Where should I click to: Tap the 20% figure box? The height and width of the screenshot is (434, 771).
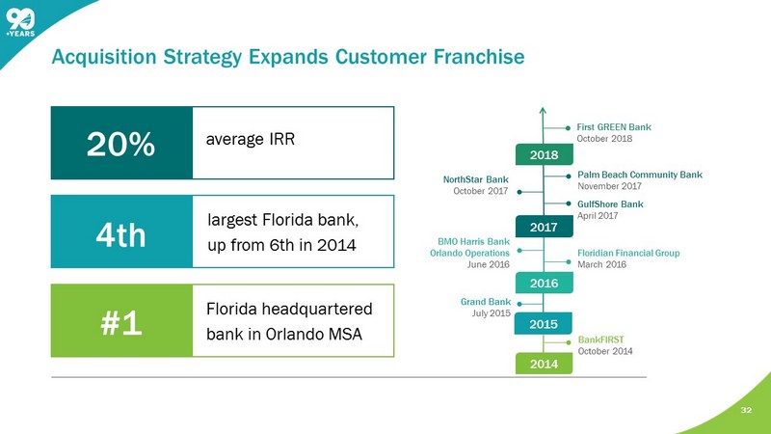click(120, 143)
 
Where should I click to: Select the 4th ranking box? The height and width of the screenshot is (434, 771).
click(120, 232)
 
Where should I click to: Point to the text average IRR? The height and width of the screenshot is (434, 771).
click(251, 140)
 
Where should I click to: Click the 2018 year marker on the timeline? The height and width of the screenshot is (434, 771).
click(543, 154)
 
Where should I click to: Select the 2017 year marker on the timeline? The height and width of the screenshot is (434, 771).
click(543, 228)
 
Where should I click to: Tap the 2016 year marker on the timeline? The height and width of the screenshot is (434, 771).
click(543, 284)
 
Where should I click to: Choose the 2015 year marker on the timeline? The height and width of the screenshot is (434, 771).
click(543, 323)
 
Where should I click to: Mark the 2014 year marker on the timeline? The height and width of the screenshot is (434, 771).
click(543, 365)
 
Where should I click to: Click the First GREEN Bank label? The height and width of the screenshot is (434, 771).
click(614, 126)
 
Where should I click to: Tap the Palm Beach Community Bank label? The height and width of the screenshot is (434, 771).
click(639, 175)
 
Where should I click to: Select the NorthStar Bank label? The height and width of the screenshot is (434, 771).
click(476, 179)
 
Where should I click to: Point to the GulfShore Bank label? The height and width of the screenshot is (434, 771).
click(610, 204)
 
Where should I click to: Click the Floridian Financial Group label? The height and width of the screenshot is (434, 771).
click(628, 253)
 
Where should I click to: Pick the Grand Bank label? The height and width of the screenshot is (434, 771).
click(486, 302)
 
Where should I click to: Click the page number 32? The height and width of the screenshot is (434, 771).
click(745, 410)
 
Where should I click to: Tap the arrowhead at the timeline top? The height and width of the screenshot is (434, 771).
click(543, 110)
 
